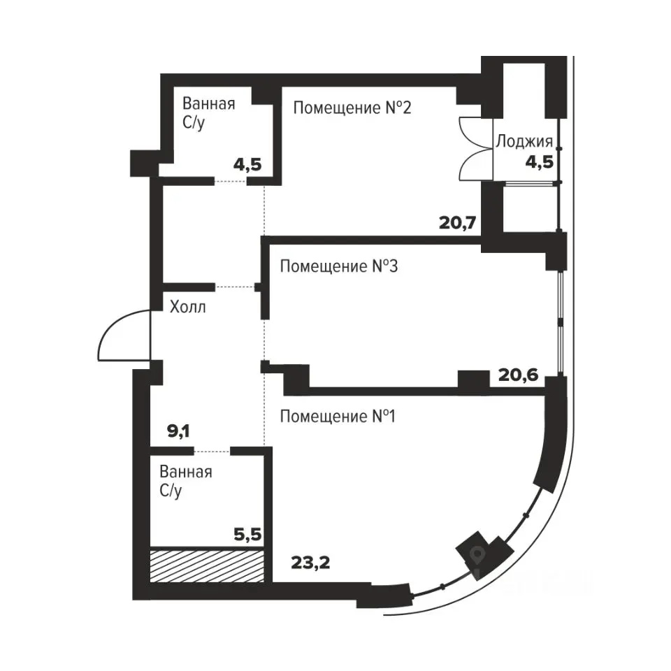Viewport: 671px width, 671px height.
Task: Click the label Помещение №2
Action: click(352, 108)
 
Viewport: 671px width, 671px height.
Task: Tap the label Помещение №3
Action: click(339, 266)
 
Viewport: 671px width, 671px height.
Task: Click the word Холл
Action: click(188, 307)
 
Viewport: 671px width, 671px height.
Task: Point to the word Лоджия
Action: click(525, 141)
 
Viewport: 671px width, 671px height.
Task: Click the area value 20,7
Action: click(457, 223)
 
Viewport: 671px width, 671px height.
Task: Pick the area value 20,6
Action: click(518, 375)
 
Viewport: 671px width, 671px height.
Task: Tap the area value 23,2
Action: click(310, 563)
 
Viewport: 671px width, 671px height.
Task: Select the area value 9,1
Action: click(178, 431)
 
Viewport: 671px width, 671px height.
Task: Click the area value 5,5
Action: click(247, 534)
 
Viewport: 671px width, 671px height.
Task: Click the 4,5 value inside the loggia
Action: click(540, 163)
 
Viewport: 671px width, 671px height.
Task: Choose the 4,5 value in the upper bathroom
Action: click(247, 164)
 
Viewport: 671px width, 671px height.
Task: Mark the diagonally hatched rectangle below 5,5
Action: click(207, 565)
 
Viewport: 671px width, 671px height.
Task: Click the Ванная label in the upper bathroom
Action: click(209, 103)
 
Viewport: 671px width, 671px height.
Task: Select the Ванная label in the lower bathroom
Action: click(186, 472)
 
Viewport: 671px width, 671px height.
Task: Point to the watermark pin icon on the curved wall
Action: click(476, 555)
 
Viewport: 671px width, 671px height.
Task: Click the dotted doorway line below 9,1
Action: click(212, 451)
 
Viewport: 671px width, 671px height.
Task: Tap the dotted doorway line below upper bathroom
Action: click(231, 182)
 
